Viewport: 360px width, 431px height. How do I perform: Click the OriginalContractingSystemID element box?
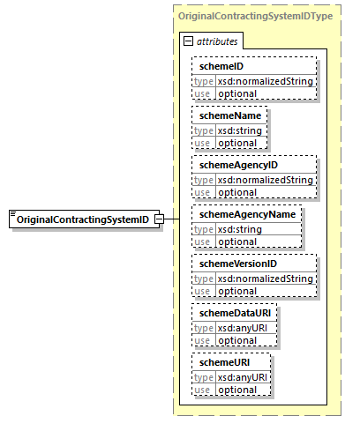(x=83, y=219)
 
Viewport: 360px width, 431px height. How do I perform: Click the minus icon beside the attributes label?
(x=188, y=41)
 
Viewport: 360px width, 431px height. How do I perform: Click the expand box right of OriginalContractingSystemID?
(x=159, y=219)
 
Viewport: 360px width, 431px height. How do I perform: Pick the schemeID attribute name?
(x=221, y=66)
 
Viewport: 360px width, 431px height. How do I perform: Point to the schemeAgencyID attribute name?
(x=238, y=165)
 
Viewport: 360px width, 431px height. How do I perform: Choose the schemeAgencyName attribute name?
(x=246, y=214)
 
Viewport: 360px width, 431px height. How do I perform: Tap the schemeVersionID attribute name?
(x=238, y=264)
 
